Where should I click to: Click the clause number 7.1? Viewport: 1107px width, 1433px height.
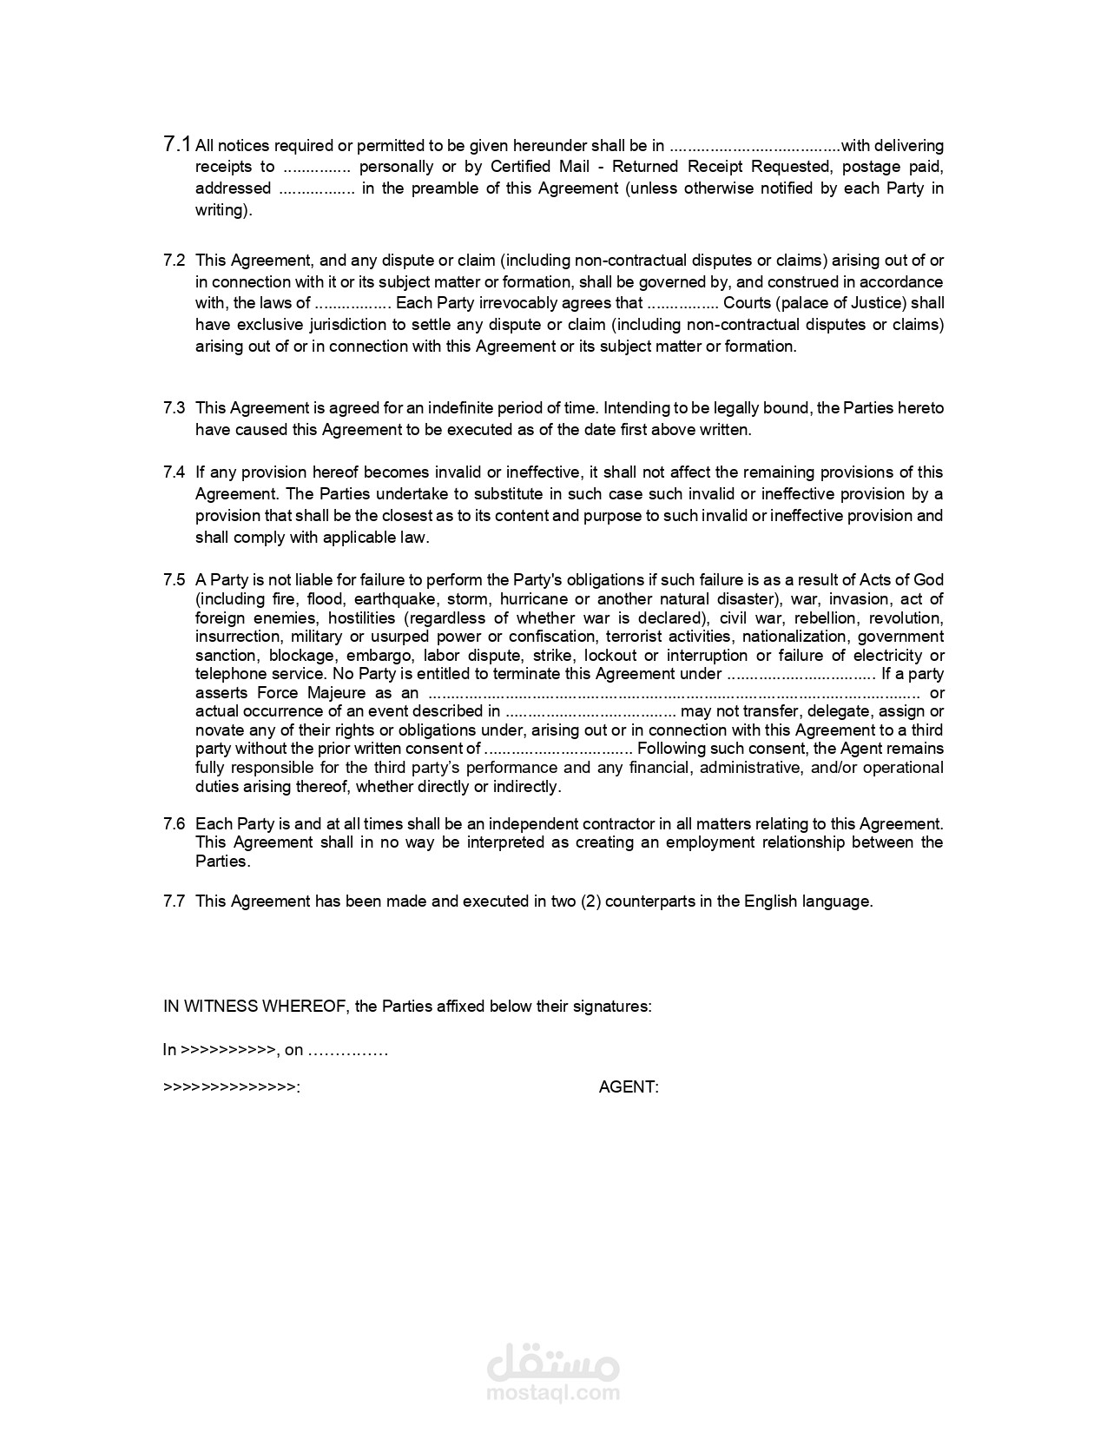click(177, 144)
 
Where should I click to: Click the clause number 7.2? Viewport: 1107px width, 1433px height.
click(174, 260)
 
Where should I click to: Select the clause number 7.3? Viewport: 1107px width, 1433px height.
click(174, 407)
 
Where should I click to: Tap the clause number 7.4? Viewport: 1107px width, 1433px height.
click(174, 472)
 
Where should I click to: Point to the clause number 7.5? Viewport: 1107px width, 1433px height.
click(174, 579)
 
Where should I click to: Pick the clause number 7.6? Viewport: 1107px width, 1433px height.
click(174, 823)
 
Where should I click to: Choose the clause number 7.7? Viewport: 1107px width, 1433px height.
click(174, 901)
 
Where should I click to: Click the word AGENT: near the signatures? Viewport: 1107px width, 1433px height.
click(629, 1086)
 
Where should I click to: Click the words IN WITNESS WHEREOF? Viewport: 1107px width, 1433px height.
click(255, 1006)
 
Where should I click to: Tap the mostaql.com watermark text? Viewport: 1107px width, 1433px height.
click(554, 1393)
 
